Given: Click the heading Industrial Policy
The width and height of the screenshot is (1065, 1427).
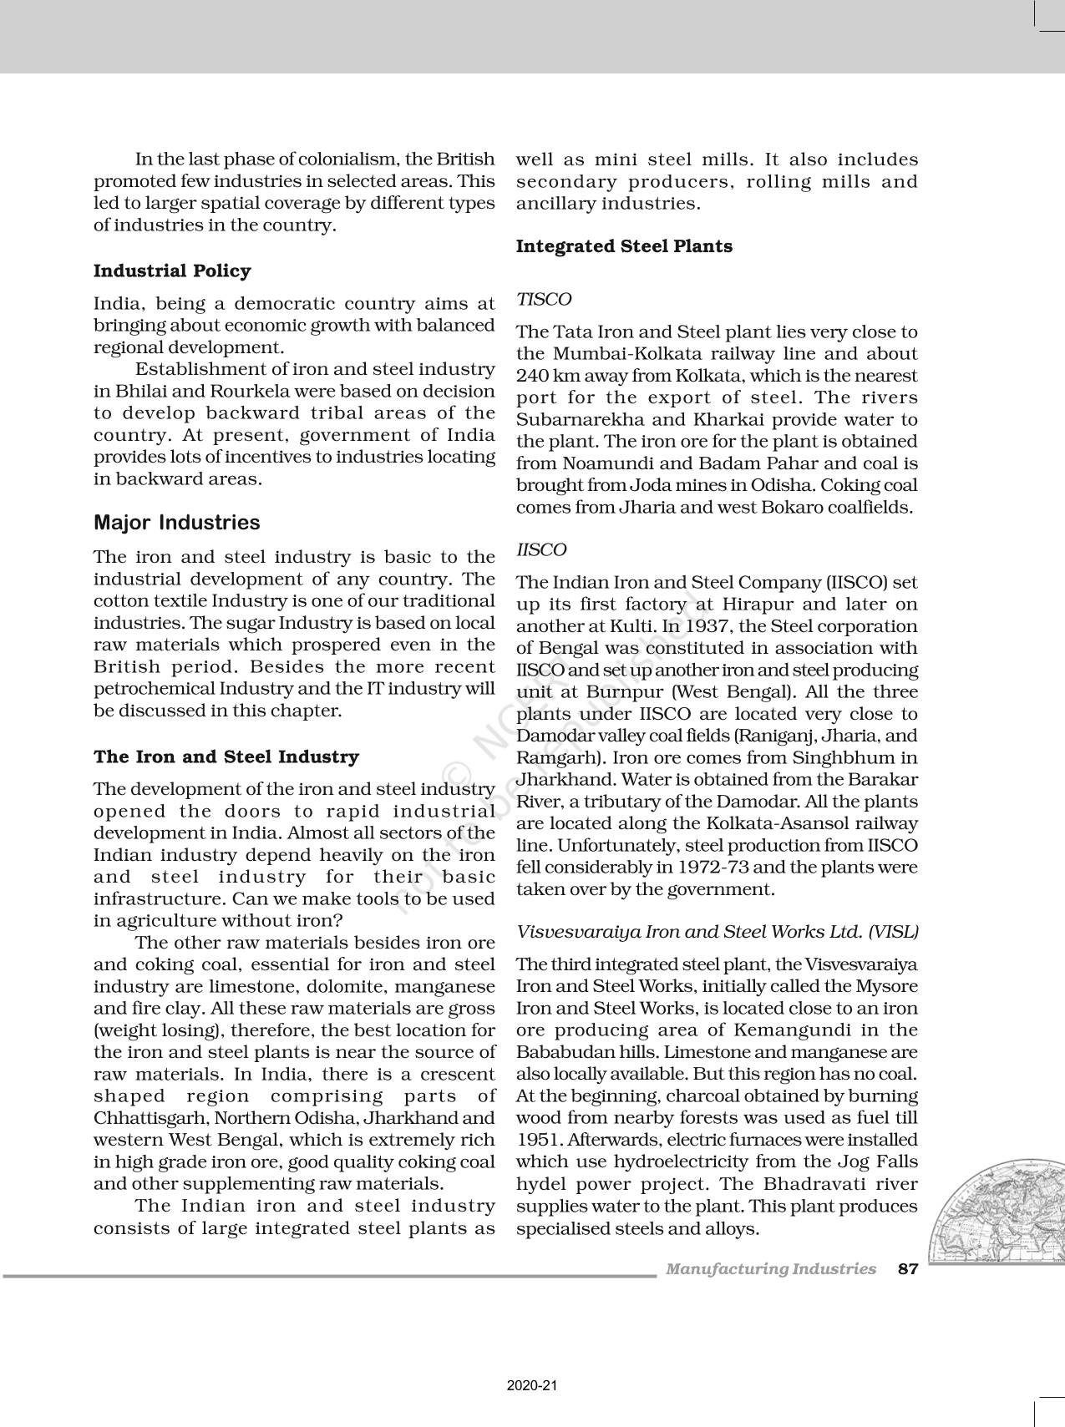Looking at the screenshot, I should (171, 271).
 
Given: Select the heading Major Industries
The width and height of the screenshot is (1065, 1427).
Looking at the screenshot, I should (176, 523).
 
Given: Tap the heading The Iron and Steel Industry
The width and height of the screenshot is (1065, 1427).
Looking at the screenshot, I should (226, 757).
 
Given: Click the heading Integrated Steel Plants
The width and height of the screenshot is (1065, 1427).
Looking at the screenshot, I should (624, 246).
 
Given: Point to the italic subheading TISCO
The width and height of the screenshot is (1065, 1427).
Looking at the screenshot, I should (544, 299).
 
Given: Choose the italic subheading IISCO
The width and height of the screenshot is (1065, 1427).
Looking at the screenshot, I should (541, 550).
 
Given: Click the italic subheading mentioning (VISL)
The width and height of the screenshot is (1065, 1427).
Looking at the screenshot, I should (717, 932).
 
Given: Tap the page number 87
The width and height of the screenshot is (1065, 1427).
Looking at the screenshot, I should (907, 1269).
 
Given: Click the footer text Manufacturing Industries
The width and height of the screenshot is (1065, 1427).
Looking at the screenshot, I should (770, 1269).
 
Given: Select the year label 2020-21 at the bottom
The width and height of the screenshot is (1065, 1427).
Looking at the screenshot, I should (531, 1385).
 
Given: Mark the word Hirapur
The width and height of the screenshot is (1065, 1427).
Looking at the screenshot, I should (759, 605).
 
